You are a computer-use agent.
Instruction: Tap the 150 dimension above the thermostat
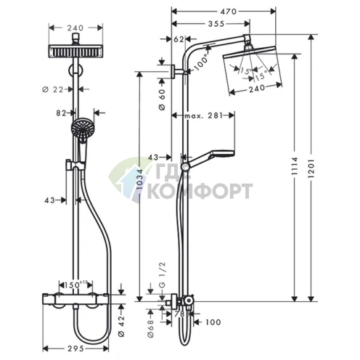click(75, 285)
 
